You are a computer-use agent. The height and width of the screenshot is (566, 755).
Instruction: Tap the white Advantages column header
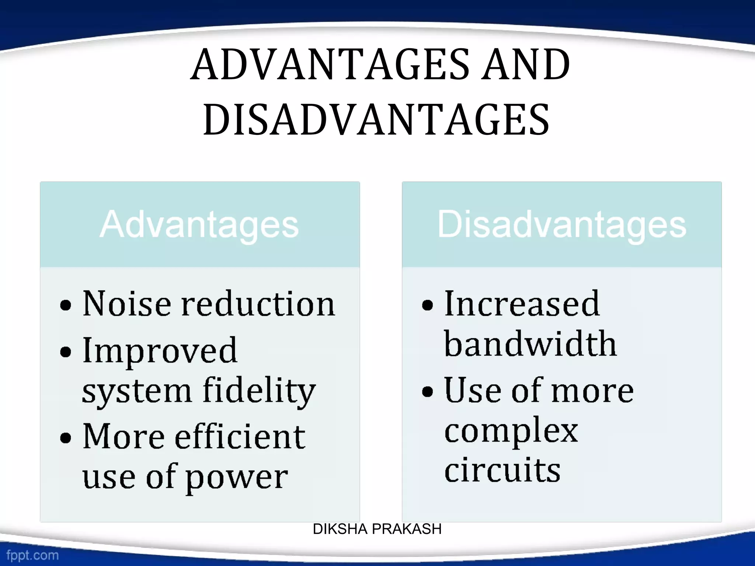[x=199, y=225]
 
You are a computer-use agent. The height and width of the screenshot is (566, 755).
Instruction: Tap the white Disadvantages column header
[x=562, y=225]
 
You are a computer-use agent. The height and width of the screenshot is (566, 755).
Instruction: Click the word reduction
[x=258, y=304]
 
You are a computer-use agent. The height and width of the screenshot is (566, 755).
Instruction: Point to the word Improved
[x=160, y=351]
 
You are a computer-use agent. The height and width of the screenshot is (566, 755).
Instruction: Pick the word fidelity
[x=259, y=391]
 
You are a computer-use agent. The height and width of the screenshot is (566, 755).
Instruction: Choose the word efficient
[x=240, y=437]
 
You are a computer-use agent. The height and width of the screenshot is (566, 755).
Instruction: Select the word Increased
[x=522, y=304]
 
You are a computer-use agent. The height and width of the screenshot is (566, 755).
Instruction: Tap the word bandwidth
[x=530, y=344]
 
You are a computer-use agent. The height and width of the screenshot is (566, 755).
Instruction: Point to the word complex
[x=511, y=432]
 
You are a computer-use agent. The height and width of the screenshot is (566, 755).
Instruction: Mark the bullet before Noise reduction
[x=65, y=305]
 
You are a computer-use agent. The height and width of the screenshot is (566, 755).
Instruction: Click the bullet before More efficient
[x=65, y=439]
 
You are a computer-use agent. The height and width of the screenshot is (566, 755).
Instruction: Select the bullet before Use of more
[x=427, y=392]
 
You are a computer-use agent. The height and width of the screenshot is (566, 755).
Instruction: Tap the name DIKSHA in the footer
[x=340, y=529]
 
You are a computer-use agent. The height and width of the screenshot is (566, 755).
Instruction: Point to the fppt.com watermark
[x=32, y=555]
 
